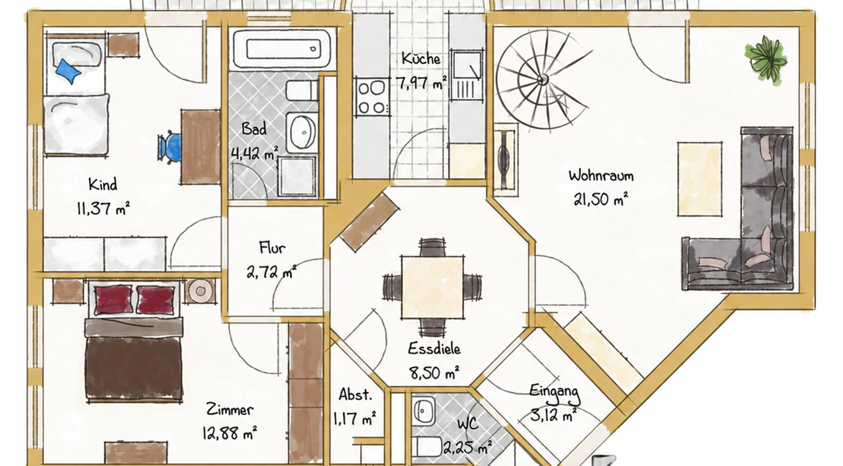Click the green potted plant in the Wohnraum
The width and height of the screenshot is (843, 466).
[x=765, y=59]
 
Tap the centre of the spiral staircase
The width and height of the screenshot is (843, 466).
[x=543, y=80]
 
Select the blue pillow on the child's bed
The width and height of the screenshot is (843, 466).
[x=68, y=70]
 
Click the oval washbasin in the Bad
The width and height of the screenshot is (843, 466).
[x=302, y=132]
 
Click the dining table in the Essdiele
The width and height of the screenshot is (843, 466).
[x=432, y=287]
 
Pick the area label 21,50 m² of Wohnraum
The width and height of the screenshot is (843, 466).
[x=601, y=199]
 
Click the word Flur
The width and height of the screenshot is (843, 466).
[x=272, y=248]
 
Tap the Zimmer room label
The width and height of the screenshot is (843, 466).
[x=230, y=410]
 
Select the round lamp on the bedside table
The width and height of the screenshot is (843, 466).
[x=201, y=291]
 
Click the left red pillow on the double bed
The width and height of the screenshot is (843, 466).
[x=113, y=299]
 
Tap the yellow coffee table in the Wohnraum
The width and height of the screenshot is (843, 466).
[x=700, y=178]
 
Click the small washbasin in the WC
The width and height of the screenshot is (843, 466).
[x=423, y=411]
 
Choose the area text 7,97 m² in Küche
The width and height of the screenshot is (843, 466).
[x=421, y=82]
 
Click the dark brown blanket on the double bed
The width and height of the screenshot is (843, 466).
[x=133, y=369]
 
